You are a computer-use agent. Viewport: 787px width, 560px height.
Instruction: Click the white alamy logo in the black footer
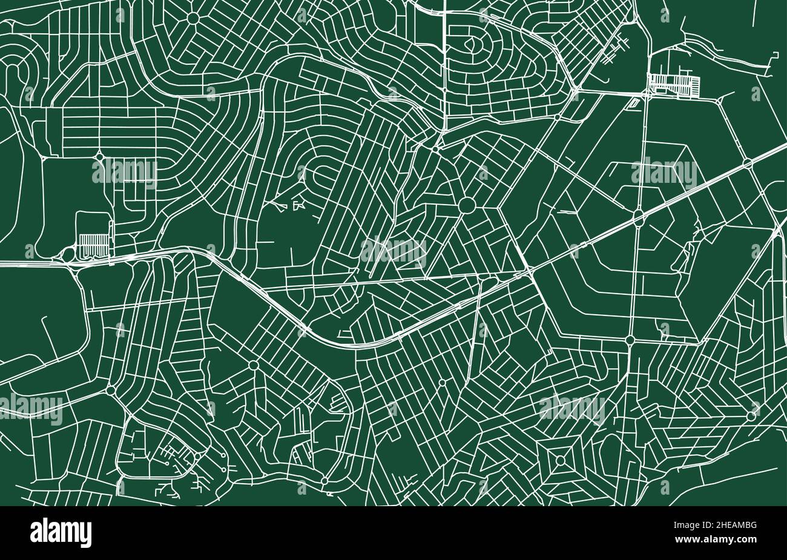point(61,532)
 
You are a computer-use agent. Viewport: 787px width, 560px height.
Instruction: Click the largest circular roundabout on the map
point(467,206)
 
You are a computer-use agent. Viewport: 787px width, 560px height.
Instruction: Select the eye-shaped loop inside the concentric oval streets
point(471,44)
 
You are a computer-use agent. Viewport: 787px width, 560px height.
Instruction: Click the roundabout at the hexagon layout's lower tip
point(630,340)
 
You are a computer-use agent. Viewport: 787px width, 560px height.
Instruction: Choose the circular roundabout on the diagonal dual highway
point(748,163)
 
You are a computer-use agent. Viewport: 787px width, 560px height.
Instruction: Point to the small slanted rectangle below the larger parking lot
point(634,104)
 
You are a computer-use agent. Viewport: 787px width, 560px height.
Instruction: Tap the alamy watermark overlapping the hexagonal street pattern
point(664,172)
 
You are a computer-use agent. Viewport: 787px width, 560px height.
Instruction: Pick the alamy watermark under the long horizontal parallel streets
point(125,172)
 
